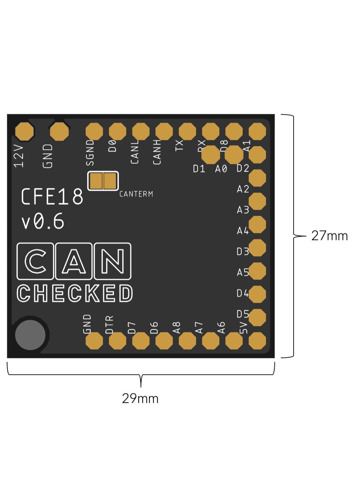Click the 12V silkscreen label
pyautogui.click(x=19, y=156)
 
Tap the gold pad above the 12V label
pyautogui.click(x=25, y=131)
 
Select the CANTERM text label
pyautogui.click(x=136, y=194)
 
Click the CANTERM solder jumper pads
pyautogui.click(x=103, y=181)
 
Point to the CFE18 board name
pyautogui.click(x=52, y=197)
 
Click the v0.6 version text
pyautogui.click(x=43, y=222)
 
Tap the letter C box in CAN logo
pyautogui.click(x=35, y=261)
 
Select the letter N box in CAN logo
pyautogui.click(x=113, y=261)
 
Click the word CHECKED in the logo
pyautogui.click(x=75, y=293)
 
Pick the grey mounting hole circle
pyautogui.click(x=30, y=335)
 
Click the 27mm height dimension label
pyautogui.click(x=329, y=236)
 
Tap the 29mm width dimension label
pyautogui.click(x=140, y=398)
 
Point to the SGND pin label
pyautogui.click(x=90, y=153)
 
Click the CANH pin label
pyautogui.click(x=157, y=152)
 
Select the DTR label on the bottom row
pyautogui.click(x=109, y=325)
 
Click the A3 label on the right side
pyautogui.click(x=243, y=210)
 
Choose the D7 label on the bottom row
pyautogui.click(x=132, y=327)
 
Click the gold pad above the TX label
pyautogui.click(x=187, y=131)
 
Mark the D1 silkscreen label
pyautogui.click(x=199, y=169)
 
